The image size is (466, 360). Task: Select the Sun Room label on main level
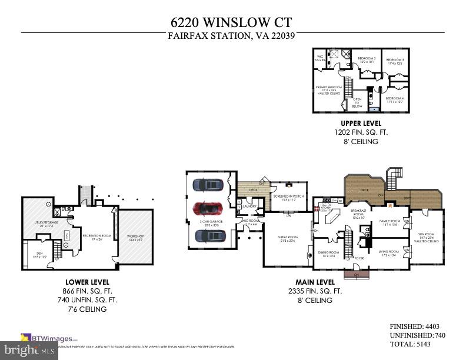[x=428, y=236]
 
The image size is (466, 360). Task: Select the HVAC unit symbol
[x=66, y=235]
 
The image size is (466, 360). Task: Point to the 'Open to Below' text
[x=357, y=102]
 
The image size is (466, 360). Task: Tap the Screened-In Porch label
[x=288, y=199]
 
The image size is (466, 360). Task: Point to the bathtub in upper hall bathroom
[x=373, y=109]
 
